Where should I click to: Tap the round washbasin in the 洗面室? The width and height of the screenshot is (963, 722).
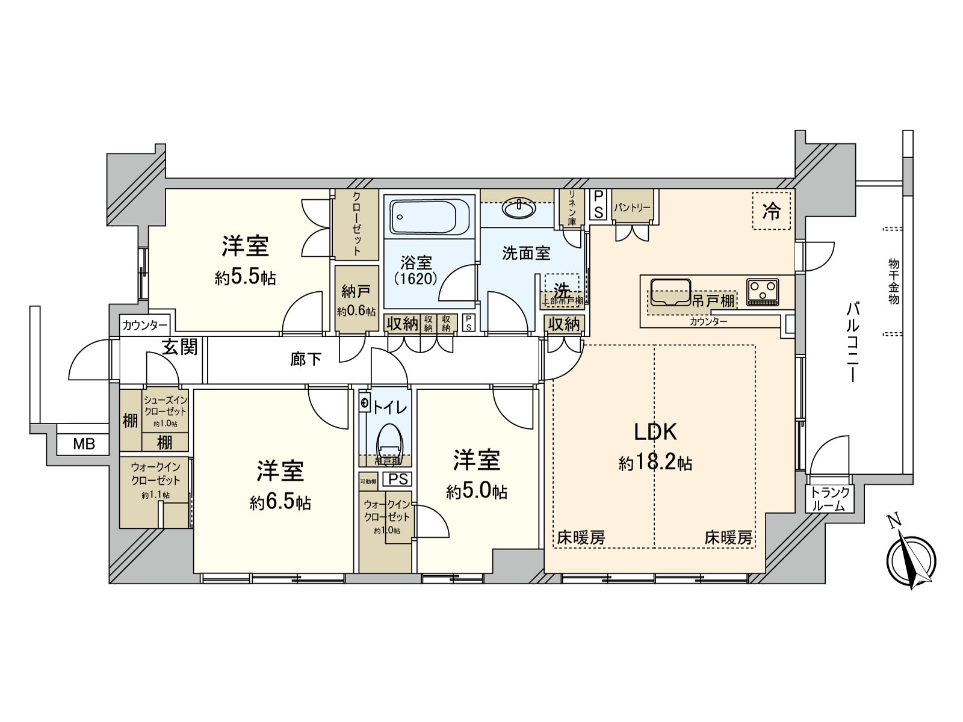click(518, 208)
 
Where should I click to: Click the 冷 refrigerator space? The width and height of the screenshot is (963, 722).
click(771, 211)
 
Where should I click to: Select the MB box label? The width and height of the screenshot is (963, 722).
click(84, 444)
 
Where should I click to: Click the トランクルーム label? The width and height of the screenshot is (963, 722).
click(830, 499)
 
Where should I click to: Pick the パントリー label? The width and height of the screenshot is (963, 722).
click(632, 208)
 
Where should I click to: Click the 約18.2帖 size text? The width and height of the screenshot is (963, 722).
click(655, 463)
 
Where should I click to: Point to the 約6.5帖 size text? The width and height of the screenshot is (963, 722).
click(280, 502)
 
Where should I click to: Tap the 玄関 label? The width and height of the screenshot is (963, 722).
click(179, 347)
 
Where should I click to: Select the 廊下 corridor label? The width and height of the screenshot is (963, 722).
click(306, 359)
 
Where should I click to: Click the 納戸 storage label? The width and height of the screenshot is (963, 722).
click(356, 292)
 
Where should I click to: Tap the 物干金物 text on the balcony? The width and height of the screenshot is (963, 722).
click(893, 281)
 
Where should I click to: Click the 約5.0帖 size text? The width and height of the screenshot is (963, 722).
click(476, 492)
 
